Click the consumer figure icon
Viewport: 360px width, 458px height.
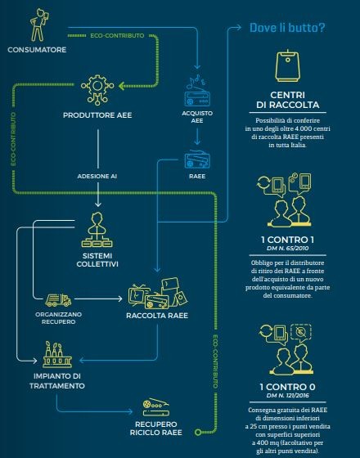coord(39,25)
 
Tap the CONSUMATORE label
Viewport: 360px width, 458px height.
coord(37,50)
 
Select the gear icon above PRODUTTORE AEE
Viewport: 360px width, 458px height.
coord(97,89)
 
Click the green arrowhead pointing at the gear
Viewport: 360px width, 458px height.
coord(122,86)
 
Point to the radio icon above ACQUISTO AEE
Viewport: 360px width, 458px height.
coord(197,91)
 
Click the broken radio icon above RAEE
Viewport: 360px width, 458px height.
coord(197,159)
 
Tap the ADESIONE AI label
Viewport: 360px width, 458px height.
coord(97,176)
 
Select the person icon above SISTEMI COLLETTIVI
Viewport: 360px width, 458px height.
coord(97,230)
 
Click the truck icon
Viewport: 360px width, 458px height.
coord(58,300)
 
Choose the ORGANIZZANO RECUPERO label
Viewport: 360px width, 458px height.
coord(58,318)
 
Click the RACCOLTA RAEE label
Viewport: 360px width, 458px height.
coord(157,316)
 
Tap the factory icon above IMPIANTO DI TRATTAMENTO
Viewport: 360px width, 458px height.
coord(57,355)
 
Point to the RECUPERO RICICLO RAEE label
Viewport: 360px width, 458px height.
coord(156,429)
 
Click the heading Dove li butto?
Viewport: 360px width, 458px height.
coord(287,28)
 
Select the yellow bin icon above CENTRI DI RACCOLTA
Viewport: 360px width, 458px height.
coord(288,65)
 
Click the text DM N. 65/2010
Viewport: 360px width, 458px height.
coord(287,249)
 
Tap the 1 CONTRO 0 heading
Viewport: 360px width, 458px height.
coord(287,387)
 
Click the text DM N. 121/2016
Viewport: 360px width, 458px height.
coord(287,396)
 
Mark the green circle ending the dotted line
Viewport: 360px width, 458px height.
coord(198,432)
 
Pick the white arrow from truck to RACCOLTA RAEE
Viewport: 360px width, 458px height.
coord(98,299)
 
